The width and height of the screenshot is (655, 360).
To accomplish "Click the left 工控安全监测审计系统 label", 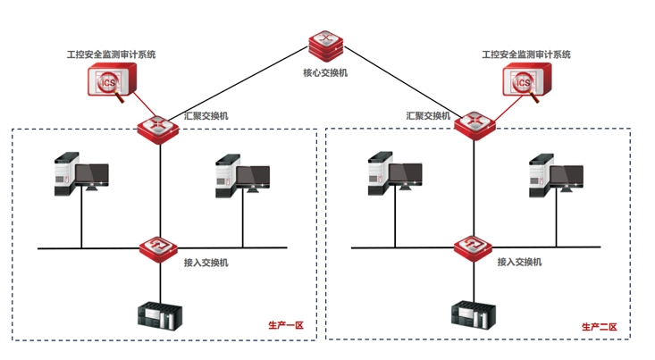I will pos(111,54).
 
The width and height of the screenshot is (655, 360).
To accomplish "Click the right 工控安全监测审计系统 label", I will pos(525,54).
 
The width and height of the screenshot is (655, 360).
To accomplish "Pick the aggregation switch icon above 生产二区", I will pos(474,125).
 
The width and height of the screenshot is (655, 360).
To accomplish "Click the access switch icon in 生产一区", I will pos(160,247).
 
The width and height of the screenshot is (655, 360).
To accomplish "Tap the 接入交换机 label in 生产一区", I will pos(206,263).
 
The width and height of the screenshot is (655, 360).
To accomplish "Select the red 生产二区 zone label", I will pos(599,327).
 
